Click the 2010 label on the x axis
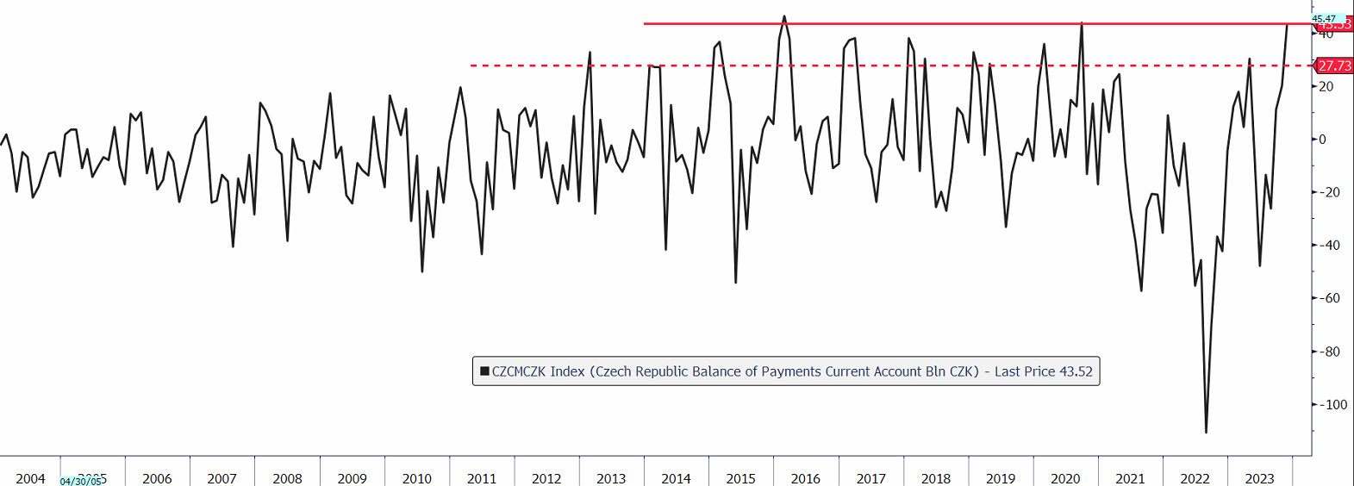click(x=416, y=478)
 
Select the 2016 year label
click(x=805, y=478)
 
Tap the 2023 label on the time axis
click(x=1259, y=478)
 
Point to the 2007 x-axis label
click(x=222, y=478)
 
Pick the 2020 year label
click(x=1065, y=478)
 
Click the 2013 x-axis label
click(x=611, y=478)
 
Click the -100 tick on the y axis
click(x=1334, y=405)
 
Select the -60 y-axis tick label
click(x=1332, y=298)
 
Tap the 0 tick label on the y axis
click(x=1322, y=140)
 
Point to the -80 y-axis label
click(x=1332, y=352)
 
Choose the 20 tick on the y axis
click(x=1326, y=86)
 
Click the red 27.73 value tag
click(x=1334, y=65)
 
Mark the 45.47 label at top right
click(x=1324, y=18)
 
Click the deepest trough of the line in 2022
click(x=1206, y=432)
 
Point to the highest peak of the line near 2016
click(x=784, y=16)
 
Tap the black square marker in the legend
click(x=484, y=371)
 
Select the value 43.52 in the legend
click(x=1076, y=371)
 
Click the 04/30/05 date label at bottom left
click(x=80, y=482)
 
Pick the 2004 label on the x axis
click(x=30, y=478)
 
